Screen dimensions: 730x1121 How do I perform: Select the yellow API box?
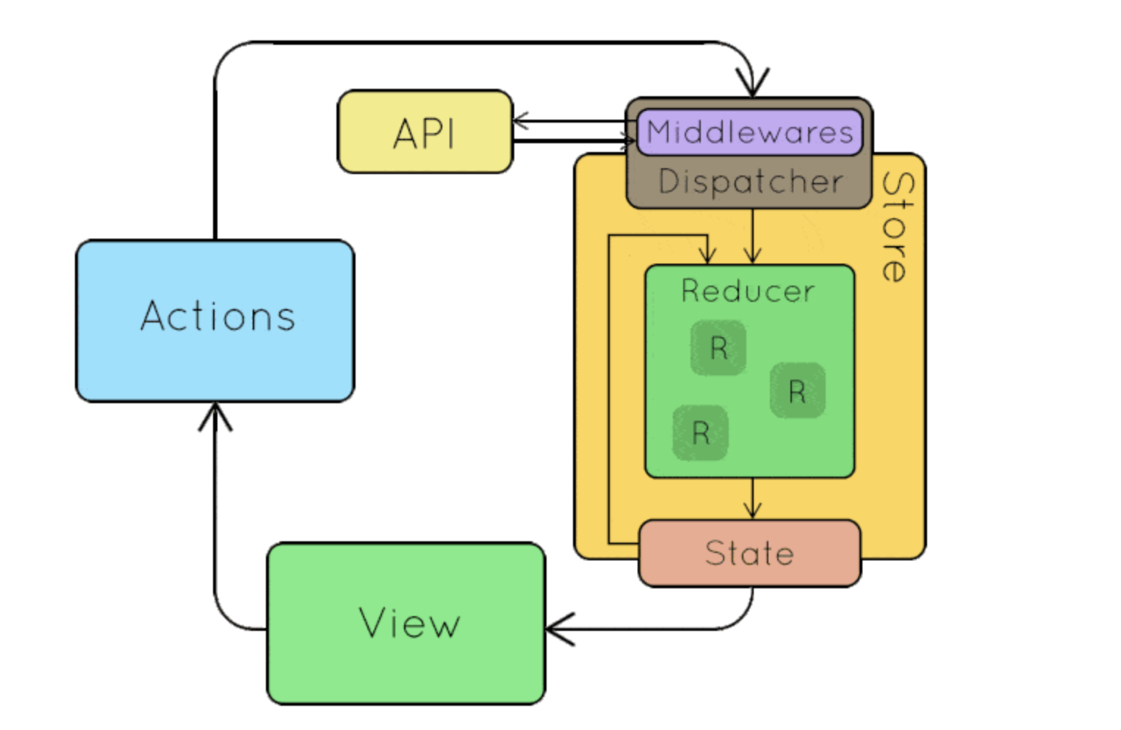point(425,132)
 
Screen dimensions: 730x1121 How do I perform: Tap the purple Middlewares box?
point(749,133)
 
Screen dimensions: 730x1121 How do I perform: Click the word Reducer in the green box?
point(748,292)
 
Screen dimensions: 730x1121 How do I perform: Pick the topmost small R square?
point(718,348)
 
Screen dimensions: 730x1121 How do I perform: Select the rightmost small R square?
point(797,391)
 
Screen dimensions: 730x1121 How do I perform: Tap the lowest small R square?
point(701,433)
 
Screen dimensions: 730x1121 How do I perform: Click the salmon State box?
point(749,553)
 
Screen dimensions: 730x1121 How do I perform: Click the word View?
point(409,624)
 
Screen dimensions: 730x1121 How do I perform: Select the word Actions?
point(218,317)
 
